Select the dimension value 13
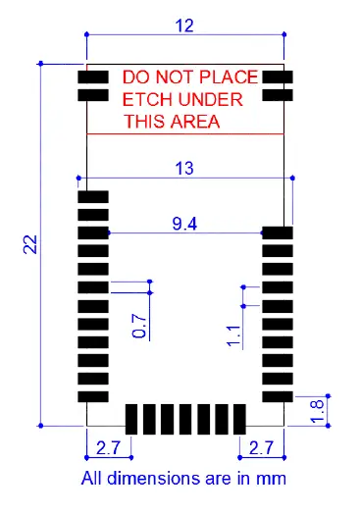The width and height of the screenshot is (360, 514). pos(184,168)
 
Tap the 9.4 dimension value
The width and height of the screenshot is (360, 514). pos(184,224)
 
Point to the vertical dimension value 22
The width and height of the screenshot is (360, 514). pos(30,244)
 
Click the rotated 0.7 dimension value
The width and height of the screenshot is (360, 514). pos(139,326)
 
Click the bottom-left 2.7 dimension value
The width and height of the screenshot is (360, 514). pos(108,448)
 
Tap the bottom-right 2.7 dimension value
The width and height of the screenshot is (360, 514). pos(262,448)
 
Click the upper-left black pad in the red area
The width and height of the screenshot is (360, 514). pos(93,77)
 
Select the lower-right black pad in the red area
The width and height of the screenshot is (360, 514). pos(278,95)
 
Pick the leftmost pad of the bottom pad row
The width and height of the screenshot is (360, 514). pos(131,416)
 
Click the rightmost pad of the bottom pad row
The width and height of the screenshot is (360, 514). pos(238,416)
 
